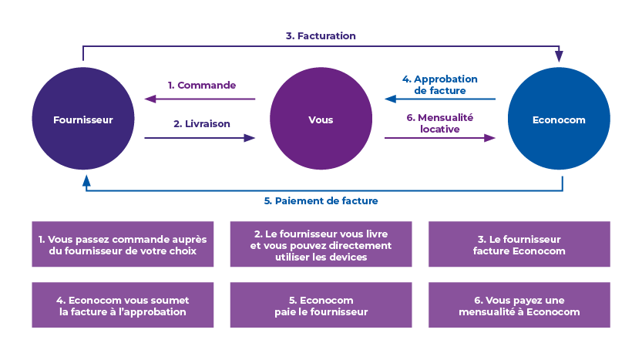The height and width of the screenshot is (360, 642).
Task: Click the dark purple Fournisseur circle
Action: pos(83,119)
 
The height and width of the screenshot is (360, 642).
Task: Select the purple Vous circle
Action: pos(321,119)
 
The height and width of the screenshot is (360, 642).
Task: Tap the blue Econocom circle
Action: pos(559,119)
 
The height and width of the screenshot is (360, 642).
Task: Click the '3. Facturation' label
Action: pos(321,36)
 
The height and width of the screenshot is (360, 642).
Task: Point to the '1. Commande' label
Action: pos(202,86)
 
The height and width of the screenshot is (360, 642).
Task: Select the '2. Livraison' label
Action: pos(202,123)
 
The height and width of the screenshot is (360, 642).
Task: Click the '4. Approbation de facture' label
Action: pos(440,85)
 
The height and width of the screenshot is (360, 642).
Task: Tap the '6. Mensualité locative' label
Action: pos(440,123)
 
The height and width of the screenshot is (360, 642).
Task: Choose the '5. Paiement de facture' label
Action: pos(321,200)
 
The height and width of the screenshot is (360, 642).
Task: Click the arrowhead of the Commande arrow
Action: pos(150,99)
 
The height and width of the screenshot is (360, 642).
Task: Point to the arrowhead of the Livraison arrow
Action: pos(250,138)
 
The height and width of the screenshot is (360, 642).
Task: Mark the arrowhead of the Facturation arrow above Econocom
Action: pos(559,56)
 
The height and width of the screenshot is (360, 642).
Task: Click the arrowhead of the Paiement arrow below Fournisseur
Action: pos(86,181)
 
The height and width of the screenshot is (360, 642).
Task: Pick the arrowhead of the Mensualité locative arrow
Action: pos(489,138)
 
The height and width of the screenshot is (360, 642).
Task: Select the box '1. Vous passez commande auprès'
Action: pos(123,244)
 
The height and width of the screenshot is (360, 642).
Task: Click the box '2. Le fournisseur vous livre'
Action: pos(321,244)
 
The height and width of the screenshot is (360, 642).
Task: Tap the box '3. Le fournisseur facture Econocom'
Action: pos(519,244)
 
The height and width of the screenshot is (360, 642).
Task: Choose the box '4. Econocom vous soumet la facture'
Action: pos(123,304)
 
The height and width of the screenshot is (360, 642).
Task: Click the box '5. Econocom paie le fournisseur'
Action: pos(321,304)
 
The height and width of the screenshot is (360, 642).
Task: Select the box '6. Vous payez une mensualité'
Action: pos(519,304)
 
